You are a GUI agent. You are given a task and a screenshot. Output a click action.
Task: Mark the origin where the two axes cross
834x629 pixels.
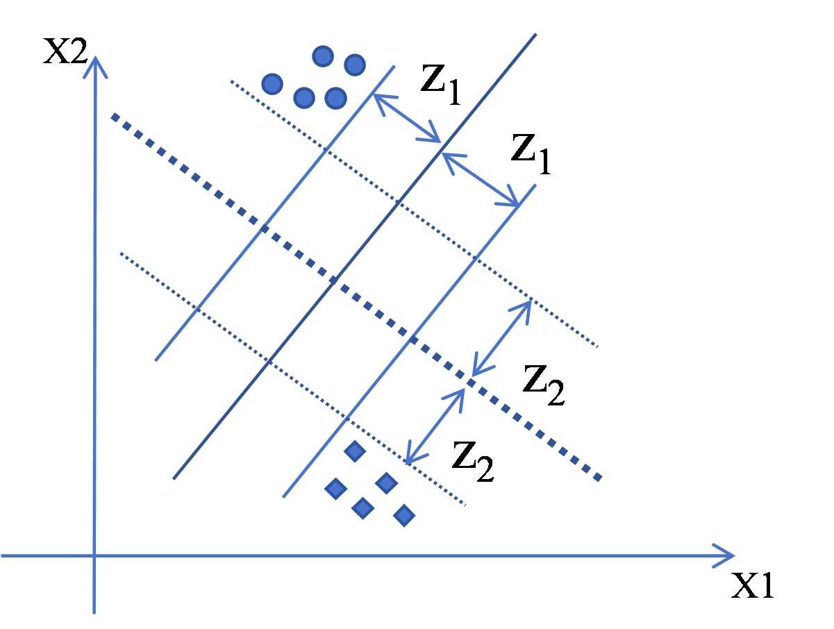tap(94, 555)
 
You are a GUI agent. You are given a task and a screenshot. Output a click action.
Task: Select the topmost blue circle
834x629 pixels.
tap(323, 56)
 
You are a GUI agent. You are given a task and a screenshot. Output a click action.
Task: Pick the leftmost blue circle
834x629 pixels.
tap(272, 85)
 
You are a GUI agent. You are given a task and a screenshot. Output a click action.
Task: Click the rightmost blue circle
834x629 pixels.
tap(355, 65)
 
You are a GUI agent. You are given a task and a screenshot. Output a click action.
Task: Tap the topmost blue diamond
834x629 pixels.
tap(355, 452)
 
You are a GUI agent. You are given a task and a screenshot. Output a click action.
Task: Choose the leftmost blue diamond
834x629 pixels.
tap(336, 489)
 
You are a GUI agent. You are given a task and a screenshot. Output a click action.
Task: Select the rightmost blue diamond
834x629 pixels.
tap(404, 515)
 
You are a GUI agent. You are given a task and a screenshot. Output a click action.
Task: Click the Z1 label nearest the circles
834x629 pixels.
tap(441, 85)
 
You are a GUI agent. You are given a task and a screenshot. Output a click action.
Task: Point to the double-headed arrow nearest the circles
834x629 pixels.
tap(407, 117)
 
